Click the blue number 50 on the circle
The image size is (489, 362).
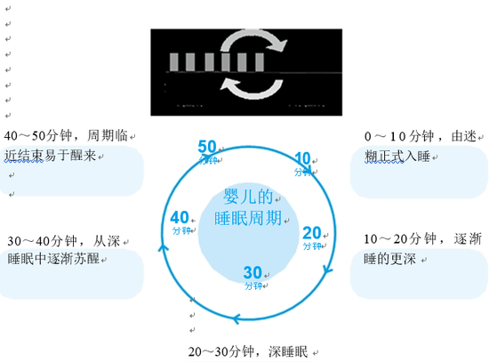click(x=207, y=147)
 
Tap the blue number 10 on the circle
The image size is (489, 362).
click(x=302, y=158)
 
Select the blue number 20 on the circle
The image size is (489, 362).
click(x=312, y=233)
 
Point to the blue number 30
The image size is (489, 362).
click(x=253, y=272)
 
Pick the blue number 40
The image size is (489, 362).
click(x=180, y=218)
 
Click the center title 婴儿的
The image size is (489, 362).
click(x=248, y=197)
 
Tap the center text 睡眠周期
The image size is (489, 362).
click(x=248, y=218)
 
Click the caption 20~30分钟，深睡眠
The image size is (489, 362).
click(x=248, y=351)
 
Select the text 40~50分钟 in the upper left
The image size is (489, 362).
click(x=43, y=135)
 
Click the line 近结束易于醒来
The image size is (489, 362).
click(x=50, y=156)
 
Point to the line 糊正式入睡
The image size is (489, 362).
click(x=397, y=156)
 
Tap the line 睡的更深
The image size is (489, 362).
click(x=389, y=259)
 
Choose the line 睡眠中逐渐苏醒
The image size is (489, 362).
click(x=53, y=259)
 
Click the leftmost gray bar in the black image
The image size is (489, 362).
click(x=173, y=62)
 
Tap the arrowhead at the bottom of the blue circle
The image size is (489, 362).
click(x=236, y=319)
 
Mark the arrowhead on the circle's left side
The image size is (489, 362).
click(x=163, y=248)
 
